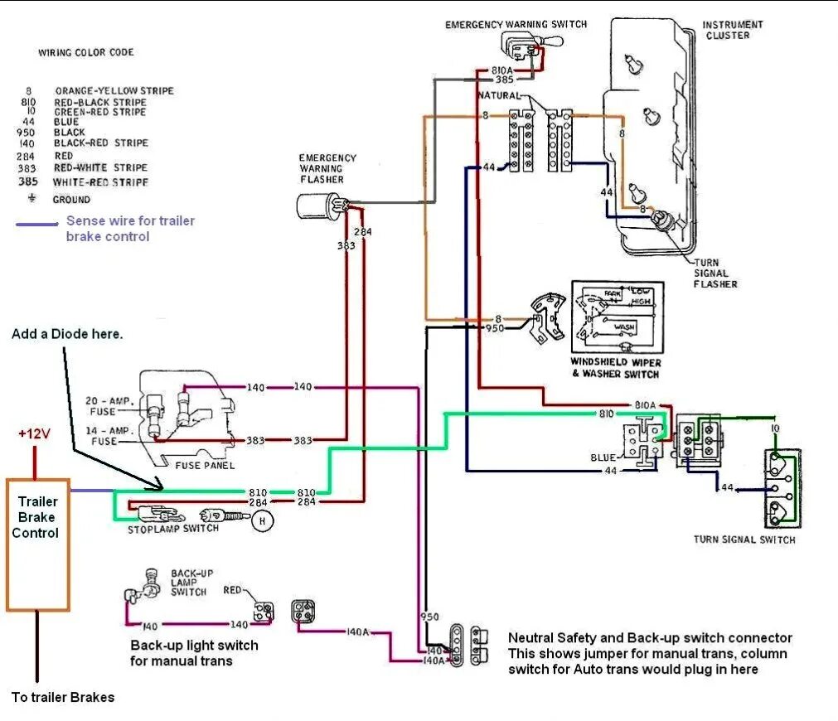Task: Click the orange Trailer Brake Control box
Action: click(x=37, y=544)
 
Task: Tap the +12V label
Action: click(x=35, y=434)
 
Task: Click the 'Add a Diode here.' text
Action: click(x=67, y=334)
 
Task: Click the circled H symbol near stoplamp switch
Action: click(x=263, y=520)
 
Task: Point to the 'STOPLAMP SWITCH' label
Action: click(x=173, y=529)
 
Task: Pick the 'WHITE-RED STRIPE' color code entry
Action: click(x=100, y=181)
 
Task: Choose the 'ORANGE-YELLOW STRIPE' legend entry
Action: click(x=114, y=90)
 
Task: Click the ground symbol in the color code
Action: click(x=32, y=199)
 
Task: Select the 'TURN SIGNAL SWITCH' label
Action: click(x=744, y=540)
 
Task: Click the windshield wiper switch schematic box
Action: click(x=617, y=319)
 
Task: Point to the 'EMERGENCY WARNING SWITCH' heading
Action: click(x=516, y=24)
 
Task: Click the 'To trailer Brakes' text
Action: click(x=63, y=697)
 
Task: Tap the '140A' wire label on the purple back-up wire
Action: click(x=358, y=632)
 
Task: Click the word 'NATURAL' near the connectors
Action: click(x=499, y=96)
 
